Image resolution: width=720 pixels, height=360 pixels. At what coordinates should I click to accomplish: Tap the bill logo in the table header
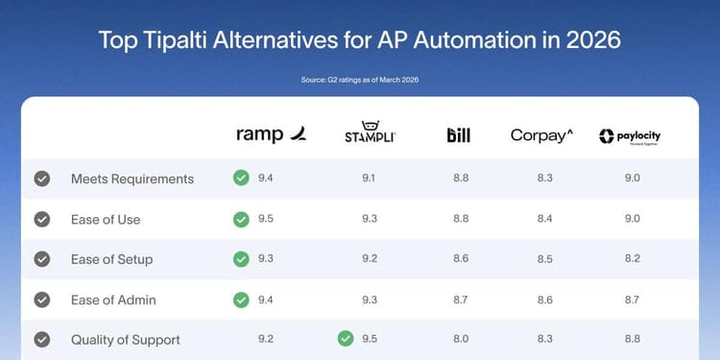pos(459,135)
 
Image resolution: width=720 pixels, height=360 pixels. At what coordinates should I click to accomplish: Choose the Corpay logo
pos(541,135)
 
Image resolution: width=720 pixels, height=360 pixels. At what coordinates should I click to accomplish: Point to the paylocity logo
pos(630,136)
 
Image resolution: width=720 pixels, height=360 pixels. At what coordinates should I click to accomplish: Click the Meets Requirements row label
pos(132,179)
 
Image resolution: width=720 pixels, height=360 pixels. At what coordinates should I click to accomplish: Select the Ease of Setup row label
pos(111,259)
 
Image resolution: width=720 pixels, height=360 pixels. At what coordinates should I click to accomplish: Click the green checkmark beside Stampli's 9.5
pos(346,339)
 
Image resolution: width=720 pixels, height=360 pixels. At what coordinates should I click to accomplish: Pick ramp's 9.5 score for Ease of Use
pos(266,219)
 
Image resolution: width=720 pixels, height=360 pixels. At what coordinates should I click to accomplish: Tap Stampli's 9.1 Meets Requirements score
pos(370,179)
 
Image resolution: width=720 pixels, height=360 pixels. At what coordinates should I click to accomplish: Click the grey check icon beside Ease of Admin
pos(42,300)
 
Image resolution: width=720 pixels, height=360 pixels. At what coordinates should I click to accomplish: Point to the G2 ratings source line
pos(360,79)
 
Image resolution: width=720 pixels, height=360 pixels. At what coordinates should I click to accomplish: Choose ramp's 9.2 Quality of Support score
pos(266,340)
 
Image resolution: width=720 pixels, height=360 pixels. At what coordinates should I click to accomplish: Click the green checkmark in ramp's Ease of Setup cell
pos(241,259)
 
